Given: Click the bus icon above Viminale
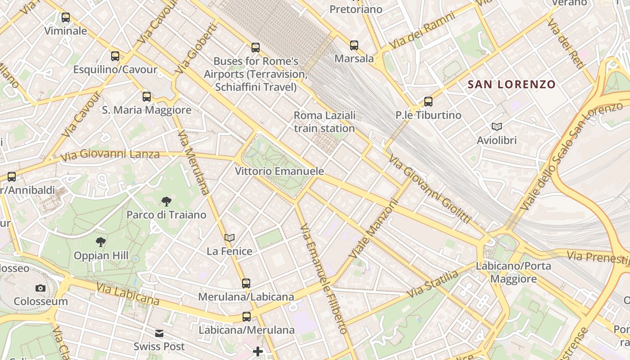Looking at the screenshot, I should pos(66,18).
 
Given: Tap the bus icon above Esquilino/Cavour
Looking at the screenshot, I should pos(115,56).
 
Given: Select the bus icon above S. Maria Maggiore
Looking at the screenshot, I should pos(147,96).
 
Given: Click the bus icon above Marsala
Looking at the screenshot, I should pos(354,45).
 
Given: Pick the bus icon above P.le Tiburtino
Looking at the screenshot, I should pos(428,102).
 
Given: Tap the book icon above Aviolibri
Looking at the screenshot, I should pos(497,127).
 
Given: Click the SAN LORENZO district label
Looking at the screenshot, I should pos(512,84).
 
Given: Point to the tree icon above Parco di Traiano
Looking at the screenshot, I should pos(166,201).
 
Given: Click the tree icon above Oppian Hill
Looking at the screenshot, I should pos(101,243).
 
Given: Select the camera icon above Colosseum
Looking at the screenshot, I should pos(40,288).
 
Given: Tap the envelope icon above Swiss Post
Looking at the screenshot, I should pos(159,333).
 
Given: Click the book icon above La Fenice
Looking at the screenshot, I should pos(229,238).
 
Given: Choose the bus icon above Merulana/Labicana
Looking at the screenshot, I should pos(246,283).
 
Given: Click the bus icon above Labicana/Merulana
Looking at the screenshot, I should pos(246,317).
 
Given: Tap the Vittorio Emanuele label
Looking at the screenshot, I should pos(279,171).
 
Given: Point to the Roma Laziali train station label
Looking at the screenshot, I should pos(324,121).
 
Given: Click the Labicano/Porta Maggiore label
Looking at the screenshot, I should pos(513,272).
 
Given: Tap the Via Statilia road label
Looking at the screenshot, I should pos(432,284).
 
